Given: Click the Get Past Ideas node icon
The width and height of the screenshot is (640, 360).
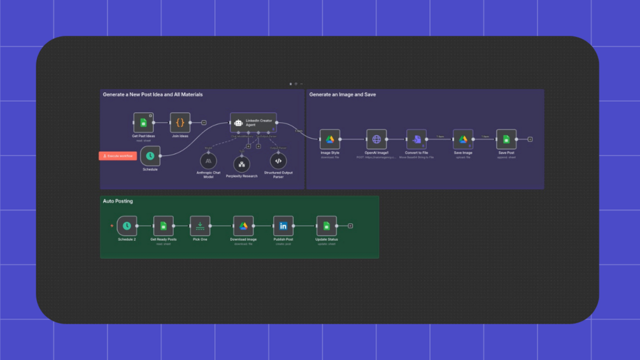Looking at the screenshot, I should pos(143,122).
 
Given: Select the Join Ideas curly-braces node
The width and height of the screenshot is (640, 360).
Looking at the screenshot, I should pos(180,122).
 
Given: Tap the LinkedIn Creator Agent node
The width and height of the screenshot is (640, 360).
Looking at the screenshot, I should pos(253,122).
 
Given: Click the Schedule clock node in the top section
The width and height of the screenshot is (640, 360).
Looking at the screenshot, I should pos(150,156).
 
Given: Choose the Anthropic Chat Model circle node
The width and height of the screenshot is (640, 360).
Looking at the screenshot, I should pos(208,161).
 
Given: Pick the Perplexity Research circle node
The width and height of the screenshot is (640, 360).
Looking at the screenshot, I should pos(241,164).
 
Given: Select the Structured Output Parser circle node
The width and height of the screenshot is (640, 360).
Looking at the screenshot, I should pos(278,161).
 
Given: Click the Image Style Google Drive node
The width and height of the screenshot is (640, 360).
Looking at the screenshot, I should pos(330,140).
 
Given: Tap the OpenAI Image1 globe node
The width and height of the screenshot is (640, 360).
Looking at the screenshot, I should pos(376,140).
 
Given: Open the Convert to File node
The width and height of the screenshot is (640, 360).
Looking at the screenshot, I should pos(416,140).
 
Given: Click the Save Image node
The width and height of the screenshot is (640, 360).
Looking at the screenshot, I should pos(463,140).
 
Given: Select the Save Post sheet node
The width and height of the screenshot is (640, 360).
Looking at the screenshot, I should pos(506,140).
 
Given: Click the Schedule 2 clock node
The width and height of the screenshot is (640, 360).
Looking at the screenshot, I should pos(127,226).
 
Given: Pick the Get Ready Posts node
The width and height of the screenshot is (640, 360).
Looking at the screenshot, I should pos(164,226).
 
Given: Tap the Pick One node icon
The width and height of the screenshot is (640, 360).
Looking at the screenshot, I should pos(200,226).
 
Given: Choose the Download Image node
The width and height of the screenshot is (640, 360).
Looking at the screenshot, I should pos(243,226).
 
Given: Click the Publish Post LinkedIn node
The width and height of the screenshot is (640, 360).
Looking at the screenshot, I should pos(283,226).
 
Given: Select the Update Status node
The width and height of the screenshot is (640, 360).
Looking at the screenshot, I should pos(327,226).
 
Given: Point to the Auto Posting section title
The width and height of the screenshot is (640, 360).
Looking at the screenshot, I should pos(118,201).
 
